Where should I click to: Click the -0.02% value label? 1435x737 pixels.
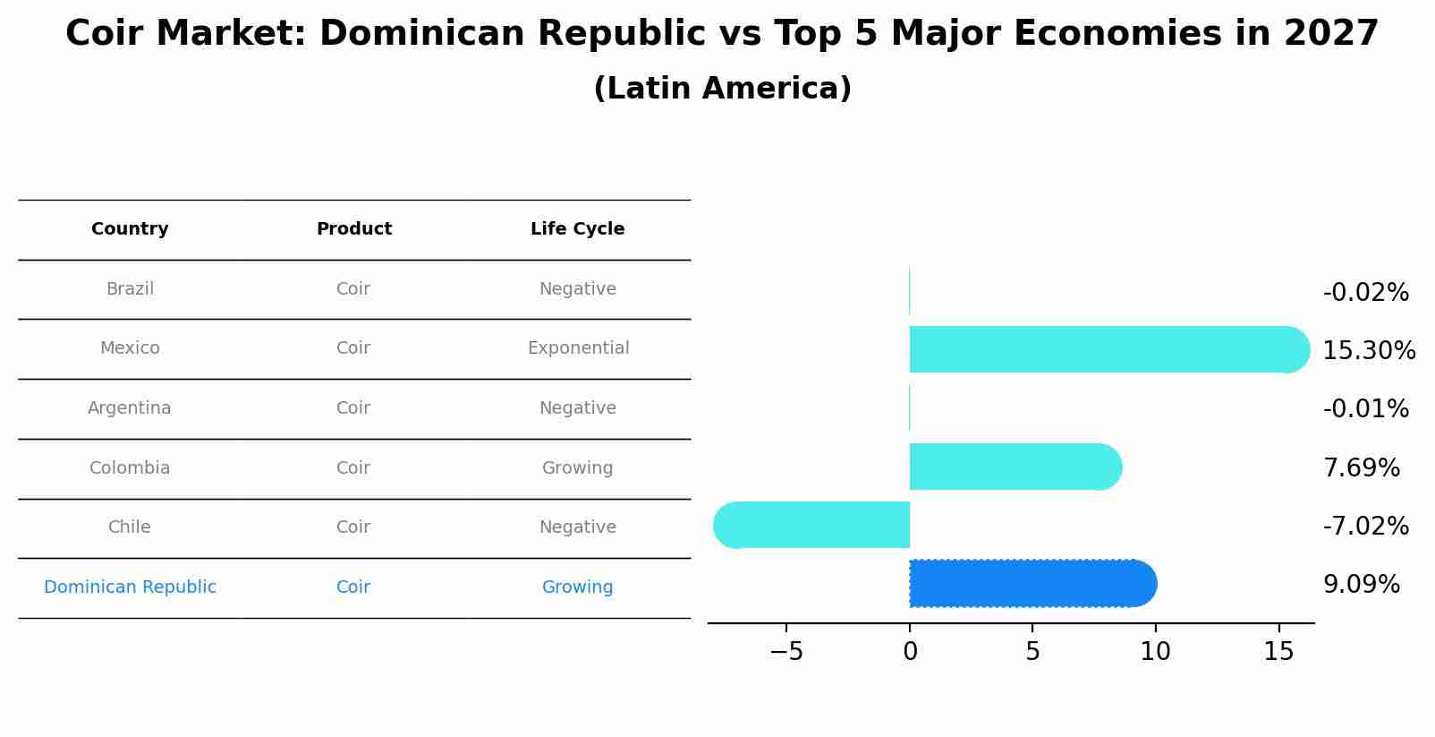1365,293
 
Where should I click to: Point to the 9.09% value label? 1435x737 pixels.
1361,585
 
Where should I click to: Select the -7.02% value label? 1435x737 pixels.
1365,526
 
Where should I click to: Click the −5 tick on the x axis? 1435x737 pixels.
786,652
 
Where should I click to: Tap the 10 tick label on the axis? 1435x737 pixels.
1155,652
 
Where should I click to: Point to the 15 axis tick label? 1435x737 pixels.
1278,652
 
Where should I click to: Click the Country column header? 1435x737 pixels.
130,229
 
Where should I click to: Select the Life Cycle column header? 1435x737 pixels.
577,229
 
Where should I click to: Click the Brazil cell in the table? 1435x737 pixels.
130,289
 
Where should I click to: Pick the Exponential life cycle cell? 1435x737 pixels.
578,348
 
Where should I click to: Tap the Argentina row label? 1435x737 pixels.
130,408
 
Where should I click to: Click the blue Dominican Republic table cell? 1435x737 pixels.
130,587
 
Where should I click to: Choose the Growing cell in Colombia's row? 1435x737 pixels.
577,468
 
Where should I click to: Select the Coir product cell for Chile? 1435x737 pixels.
353,527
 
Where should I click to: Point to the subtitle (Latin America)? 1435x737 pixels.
722,89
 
